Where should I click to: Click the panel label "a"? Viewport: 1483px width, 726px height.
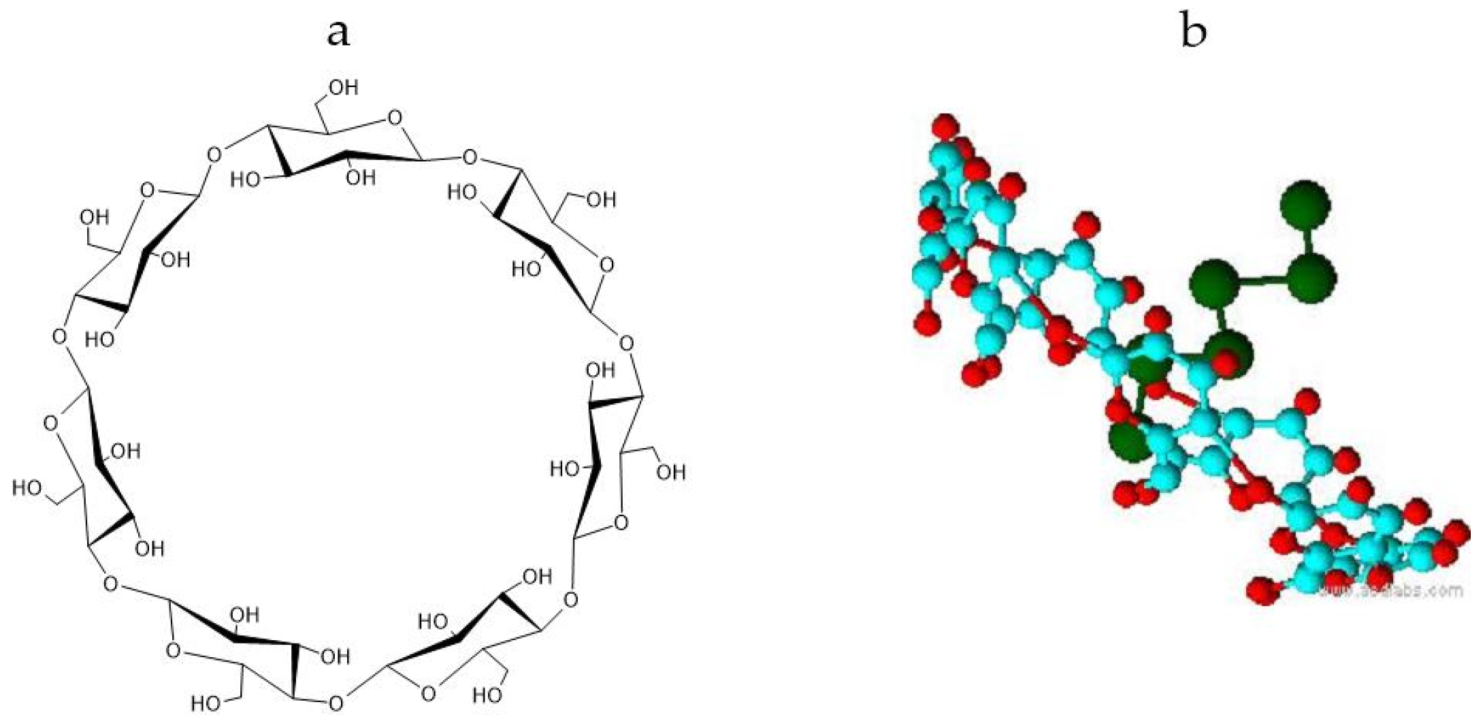coord(338,33)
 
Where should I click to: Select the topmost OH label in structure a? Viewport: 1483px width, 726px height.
coord(342,88)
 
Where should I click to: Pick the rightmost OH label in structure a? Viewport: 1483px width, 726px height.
coord(671,471)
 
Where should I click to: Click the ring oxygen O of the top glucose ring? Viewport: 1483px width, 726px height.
coord(394,117)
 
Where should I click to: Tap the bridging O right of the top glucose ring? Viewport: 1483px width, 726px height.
coord(470,158)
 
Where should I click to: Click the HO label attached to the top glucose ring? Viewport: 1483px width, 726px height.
coord(246,180)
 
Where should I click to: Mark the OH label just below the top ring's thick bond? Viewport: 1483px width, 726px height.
coord(360,178)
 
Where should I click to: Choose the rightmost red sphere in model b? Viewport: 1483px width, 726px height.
coord(1457,533)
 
